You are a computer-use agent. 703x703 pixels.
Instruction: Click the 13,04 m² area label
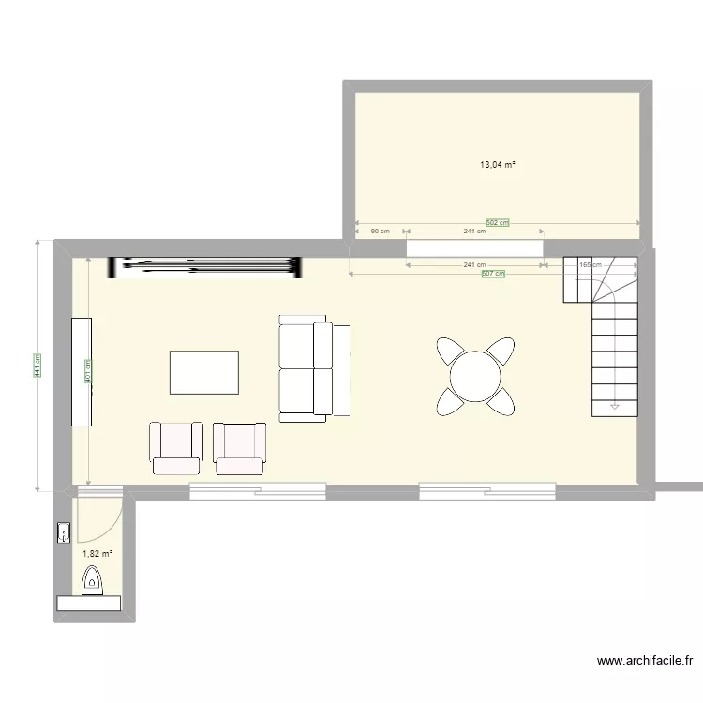[498, 165]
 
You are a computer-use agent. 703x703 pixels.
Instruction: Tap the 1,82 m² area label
[97, 554]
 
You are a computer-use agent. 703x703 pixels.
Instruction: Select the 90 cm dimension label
[380, 232]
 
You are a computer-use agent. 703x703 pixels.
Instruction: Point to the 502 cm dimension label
[497, 223]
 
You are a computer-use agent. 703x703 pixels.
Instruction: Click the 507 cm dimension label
[493, 274]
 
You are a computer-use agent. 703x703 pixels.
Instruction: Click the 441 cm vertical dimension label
[37, 366]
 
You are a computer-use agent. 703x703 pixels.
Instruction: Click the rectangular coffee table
[203, 372]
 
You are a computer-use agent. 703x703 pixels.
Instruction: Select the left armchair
[175, 448]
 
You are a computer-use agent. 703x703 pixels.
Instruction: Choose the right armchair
[240, 448]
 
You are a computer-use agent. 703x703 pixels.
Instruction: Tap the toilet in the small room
[92, 584]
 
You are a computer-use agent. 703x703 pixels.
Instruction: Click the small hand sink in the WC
[64, 534]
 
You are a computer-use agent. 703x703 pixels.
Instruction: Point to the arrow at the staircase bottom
[615, 407]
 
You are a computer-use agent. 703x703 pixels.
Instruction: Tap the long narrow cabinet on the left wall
[81, 372]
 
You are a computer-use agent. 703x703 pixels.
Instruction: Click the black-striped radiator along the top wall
[206, 267]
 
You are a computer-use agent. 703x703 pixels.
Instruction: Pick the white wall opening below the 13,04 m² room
[474, 247]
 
